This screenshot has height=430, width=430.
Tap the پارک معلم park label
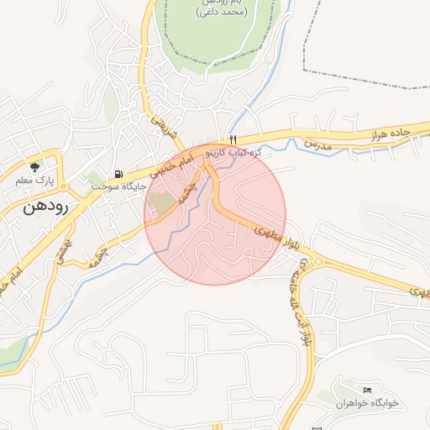(x=34, y=180)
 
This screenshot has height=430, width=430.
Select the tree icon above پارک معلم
(x=34, y=166)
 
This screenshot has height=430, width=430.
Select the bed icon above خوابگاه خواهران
(x=367, y=391)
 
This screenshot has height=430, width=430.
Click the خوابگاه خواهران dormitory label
(x=367, y=404)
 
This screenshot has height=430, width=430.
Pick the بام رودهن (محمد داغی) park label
(x=222, y=8)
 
